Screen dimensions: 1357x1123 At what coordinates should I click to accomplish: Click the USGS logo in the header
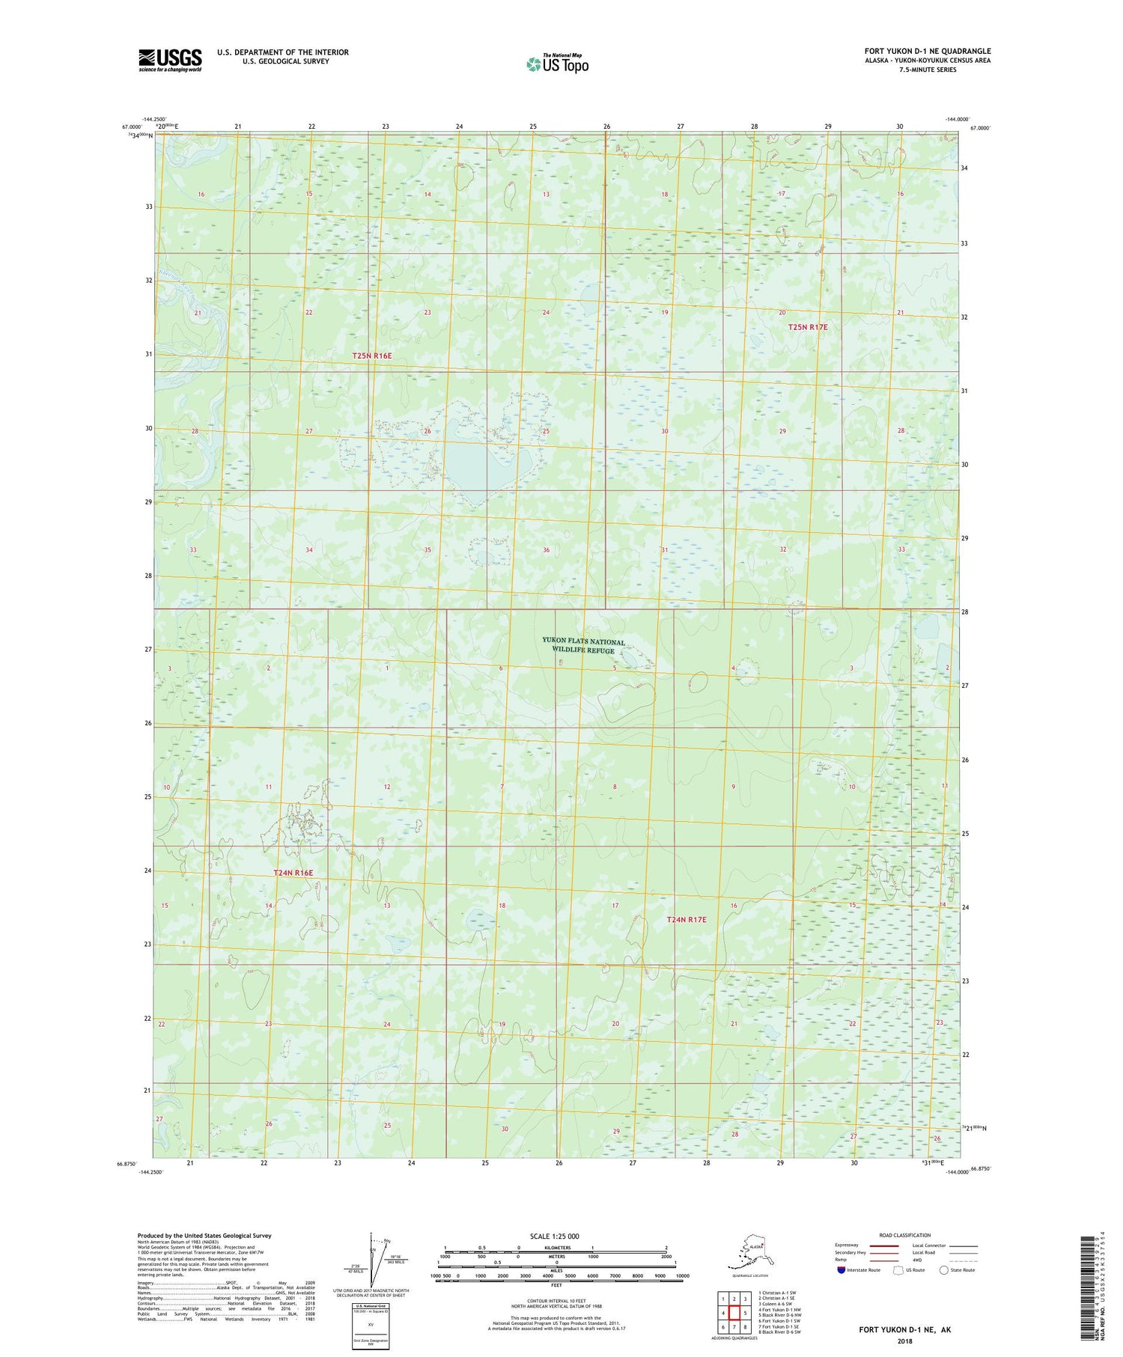170,59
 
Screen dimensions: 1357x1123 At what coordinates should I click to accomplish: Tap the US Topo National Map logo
557,63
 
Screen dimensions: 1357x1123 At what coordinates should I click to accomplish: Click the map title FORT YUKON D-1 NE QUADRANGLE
927,52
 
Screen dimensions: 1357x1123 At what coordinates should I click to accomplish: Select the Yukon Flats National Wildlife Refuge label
583,646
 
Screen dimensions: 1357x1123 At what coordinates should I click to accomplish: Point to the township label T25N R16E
372,356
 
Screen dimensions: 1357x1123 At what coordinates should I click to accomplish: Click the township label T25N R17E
808,328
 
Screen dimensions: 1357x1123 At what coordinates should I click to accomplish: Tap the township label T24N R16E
293,873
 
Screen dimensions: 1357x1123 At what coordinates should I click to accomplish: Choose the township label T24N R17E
687,919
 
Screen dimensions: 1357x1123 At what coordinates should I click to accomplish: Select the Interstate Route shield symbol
841,1270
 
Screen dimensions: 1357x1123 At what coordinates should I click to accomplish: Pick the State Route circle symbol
944,1270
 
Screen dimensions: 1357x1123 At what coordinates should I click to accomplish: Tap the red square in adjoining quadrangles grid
734,1312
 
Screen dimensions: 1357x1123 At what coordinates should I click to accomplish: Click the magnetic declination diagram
374,1257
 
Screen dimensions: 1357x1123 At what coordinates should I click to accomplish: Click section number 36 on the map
547,550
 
